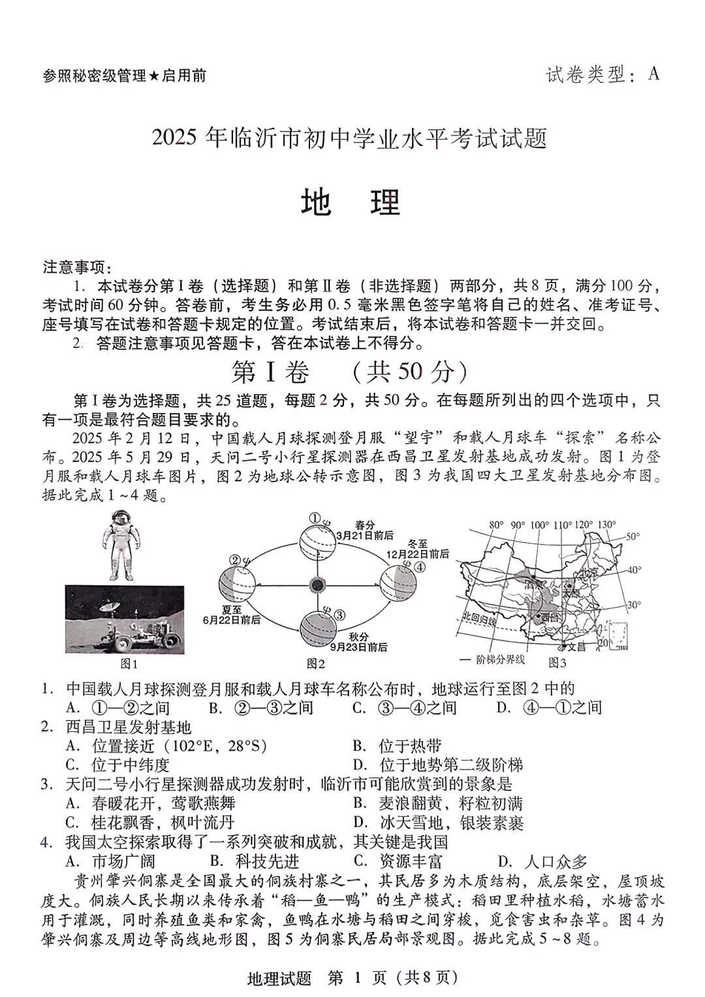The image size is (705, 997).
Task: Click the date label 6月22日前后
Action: (232, 619)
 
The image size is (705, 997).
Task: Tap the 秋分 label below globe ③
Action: (358, 636)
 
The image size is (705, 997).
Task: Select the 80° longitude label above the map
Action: (497, 525)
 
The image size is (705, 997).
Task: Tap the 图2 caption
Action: (316, 664)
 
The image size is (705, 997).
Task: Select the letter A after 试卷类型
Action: (653, 74)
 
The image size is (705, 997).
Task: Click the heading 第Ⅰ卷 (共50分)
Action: (351, 372)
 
